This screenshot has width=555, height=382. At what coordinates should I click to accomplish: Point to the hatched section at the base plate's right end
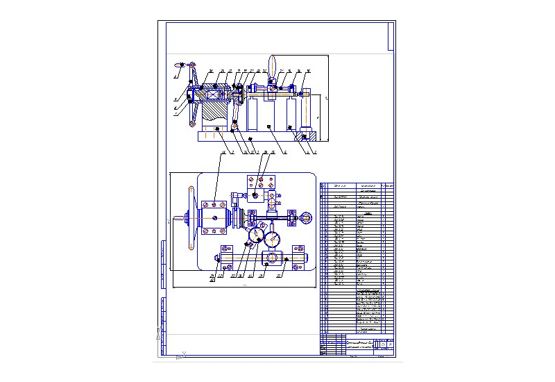pos(304,137)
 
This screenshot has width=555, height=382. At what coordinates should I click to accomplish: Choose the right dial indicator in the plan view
pos(273,238)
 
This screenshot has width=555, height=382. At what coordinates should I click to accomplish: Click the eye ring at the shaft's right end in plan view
pos(307,219)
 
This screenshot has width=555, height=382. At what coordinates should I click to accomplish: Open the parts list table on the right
pos(357,257)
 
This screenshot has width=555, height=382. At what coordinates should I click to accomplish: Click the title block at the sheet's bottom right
pos(357,345)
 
